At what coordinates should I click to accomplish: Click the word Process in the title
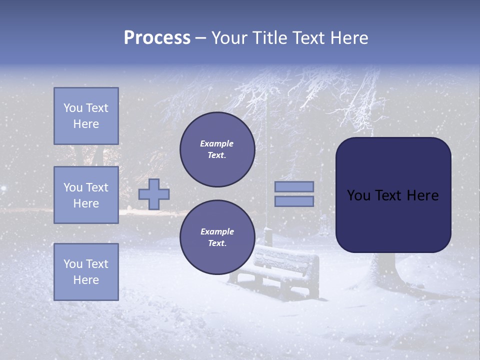point(157,38)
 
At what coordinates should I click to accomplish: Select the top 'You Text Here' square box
point(86,116)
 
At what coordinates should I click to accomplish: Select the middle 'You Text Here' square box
point(86,195)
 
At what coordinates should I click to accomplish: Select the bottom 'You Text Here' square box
point(86,271)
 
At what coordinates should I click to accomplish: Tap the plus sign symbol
point(154,194)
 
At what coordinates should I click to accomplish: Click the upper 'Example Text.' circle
point(217,149)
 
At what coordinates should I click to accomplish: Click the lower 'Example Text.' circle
point(217,237)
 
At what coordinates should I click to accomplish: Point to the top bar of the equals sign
point(294,186)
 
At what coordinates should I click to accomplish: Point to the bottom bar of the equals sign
point(294,201)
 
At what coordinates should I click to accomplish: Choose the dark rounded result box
point(393,195)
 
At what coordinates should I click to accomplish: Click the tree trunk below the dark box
point(385,267)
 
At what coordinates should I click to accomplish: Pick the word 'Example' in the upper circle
point(217,143)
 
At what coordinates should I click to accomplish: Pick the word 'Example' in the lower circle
point(217,231)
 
